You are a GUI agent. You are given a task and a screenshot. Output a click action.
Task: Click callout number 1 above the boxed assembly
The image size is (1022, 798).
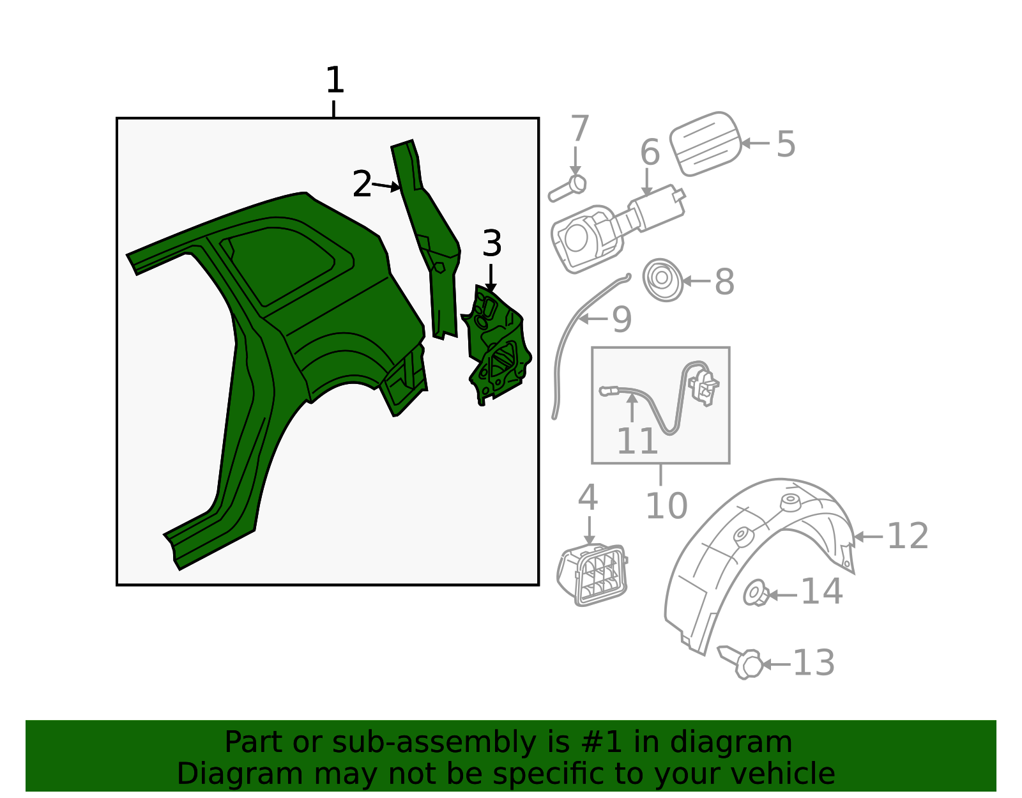pyautogui.click(x=335, y=80)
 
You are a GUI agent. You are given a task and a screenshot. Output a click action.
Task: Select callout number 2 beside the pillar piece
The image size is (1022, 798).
pyautogui.click(x=362, y=184)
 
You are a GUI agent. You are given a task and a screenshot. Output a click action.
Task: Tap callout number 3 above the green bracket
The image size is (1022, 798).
pyautogui.click(x=492, y=243)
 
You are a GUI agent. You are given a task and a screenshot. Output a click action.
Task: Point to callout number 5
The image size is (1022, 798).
pyautogui.click(x=786, y=144)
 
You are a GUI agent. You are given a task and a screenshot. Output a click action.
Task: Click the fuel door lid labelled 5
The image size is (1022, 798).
pyautogui.click(x=705, y=143)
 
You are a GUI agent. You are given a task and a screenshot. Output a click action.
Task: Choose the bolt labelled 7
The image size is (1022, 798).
pyautogui.click(x=568, y=188)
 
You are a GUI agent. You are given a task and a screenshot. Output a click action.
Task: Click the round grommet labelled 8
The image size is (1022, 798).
pyautogui.click(x=662, y=280)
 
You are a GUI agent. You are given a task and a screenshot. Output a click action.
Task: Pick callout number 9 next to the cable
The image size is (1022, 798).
pyautogui.click(x=622, y=319)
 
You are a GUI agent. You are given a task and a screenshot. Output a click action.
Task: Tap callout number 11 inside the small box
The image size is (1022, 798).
pyautogui.click(x=637, y=441)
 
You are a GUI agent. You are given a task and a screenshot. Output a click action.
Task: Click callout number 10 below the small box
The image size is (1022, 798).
pyautogui.click(x=667, y=506)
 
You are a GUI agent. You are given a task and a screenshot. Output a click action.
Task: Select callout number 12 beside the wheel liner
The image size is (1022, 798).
pyautogui.click(x=908, y=536)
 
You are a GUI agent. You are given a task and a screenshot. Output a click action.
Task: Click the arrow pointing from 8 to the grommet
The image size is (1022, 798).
pyautogui.click(x=696, y=281)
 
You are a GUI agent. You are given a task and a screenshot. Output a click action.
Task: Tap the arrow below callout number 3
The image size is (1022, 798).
pyautogui.click(x=491, y=279)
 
